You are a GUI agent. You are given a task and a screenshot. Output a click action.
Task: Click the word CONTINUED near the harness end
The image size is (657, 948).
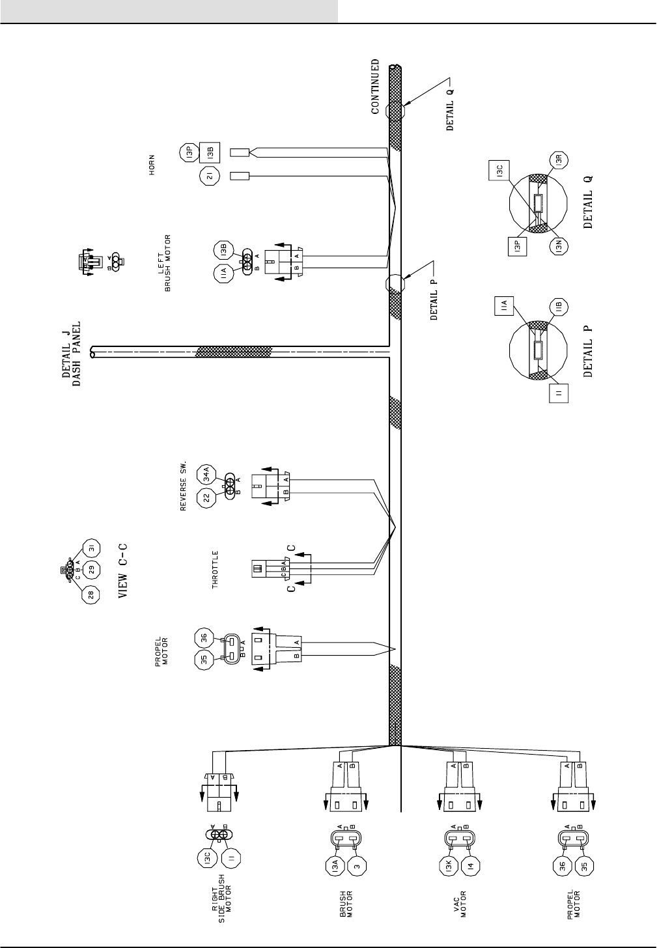point(375,87)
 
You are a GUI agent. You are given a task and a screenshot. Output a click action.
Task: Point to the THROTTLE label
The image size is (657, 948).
point(216,570)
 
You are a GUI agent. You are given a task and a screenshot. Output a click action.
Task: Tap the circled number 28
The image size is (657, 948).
point(91,594)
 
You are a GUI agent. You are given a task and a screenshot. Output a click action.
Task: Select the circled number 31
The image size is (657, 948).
point(91,549)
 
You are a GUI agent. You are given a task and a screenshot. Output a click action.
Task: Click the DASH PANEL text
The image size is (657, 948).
point(77,354)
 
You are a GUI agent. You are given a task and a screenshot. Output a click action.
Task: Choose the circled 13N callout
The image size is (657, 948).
point(558,247)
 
